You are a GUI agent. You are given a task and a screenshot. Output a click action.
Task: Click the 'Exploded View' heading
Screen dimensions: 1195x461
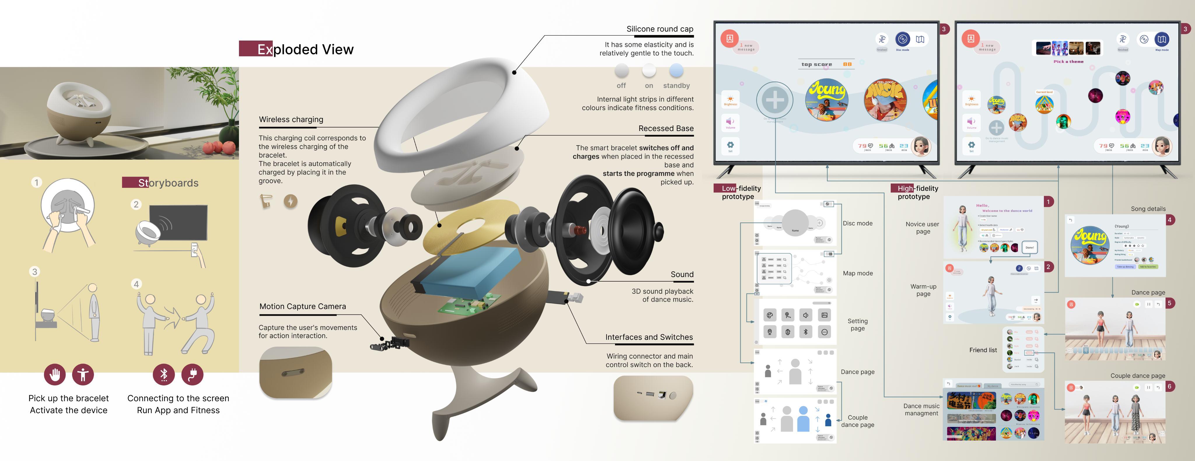tap(305, 49)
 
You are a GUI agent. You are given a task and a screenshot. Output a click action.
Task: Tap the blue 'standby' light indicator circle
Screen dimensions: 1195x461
tap(676, 71)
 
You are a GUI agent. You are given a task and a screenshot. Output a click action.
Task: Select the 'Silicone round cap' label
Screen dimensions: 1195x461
tap(660, 29)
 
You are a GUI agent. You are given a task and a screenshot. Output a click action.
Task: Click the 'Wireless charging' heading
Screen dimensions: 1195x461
tap(291, 119)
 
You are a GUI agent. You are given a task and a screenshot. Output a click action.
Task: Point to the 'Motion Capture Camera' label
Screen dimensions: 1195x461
tap(303, 306)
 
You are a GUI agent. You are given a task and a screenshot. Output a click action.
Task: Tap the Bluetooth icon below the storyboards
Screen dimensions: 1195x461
tap(164, 374)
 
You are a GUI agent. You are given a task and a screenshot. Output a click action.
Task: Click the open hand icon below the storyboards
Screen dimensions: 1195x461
tap(55, 374)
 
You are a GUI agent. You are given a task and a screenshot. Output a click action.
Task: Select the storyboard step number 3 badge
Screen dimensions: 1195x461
tap(34, 272)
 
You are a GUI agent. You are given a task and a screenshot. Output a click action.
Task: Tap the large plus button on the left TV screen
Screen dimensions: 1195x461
tap(774, 100)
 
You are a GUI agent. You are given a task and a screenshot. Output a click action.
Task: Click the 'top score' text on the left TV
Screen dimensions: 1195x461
tap(817, 64)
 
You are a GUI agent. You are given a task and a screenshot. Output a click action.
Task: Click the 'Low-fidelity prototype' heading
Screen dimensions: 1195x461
tap(738, 192)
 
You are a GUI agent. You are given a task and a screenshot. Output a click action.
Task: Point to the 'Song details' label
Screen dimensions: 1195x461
tap(1148, 209)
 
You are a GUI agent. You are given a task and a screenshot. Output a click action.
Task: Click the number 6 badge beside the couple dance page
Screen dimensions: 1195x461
tap(1170, 386)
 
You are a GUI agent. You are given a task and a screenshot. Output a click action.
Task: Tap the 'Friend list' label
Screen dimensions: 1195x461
tap(983, 350)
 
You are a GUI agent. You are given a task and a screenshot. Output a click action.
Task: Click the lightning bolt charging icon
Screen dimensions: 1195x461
tap(290, 201)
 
